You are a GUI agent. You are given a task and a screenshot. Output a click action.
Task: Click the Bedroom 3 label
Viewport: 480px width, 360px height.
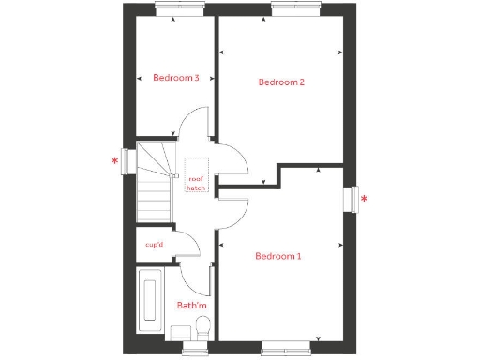point(176,78)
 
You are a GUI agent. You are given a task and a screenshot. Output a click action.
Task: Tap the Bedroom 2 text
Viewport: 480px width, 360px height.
point(281,82)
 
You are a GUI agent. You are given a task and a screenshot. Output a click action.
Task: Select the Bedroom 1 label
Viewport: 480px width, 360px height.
point(278,256)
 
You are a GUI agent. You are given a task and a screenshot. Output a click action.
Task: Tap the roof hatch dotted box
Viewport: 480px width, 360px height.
point(196,176)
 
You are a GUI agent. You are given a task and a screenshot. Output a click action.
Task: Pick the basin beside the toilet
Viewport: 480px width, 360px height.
point(180,331)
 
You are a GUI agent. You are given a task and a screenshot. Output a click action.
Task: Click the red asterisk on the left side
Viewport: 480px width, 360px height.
point(115,161)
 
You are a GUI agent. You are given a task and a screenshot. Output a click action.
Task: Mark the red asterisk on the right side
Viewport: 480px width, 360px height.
point(365,199)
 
